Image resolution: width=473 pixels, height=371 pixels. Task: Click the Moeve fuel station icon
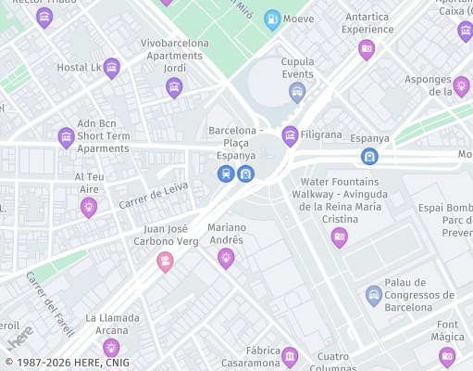(x=272, y=19)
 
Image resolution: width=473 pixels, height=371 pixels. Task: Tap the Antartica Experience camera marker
(x=367, y=49)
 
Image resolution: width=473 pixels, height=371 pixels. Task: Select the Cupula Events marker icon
(x=297, y=90)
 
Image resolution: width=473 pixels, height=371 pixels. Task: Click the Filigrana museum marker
(x=290, y=134)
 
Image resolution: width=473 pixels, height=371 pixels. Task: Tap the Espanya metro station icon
(x=369, y=157)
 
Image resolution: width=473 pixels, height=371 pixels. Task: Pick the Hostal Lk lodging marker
(x=112, y=67)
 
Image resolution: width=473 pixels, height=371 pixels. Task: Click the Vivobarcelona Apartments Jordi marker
(x=174, y=87)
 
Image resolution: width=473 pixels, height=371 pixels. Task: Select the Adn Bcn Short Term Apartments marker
(x=66, y=137)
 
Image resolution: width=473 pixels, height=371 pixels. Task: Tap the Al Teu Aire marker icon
(x=89, y=206)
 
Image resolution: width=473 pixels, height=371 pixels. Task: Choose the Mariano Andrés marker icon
(x=226, y=257)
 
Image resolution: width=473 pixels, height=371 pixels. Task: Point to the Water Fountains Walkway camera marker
(x=340, y=237)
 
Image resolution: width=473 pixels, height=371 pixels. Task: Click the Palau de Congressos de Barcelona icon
(x=374, y=295)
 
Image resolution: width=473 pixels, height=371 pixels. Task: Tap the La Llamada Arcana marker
(x=111, y=348)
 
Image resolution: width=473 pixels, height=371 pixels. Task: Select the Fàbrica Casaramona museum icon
(x=290, y=355)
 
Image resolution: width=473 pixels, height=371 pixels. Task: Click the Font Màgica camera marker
(x=447, y=355)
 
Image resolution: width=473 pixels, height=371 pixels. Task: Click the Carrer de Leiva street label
(x=154, y=195)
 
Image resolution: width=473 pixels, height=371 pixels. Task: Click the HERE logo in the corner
(x=20, y=336)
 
